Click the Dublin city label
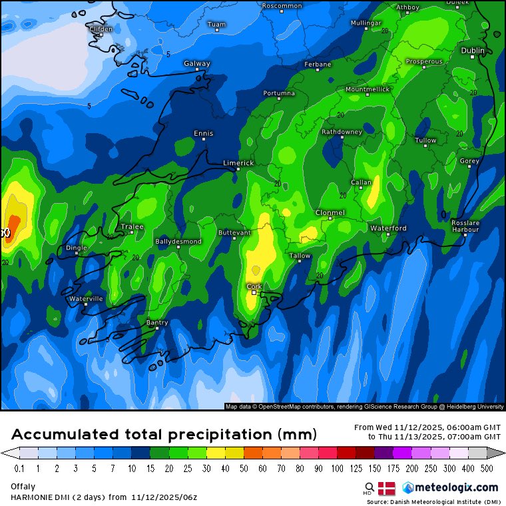point(473,50)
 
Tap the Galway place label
point(197,64)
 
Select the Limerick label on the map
point(238,162)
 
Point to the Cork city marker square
point(254,292)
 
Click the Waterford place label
point(388,228)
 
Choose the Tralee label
point(132,227)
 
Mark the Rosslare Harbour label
point(465,226)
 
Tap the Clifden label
point(101,29)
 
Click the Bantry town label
point(157,323)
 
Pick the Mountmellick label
point(366,89)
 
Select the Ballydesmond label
point(178,242)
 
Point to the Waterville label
point(87,299)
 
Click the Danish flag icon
point(387,488)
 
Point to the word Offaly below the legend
point(23,487)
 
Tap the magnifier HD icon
point(369,488)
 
